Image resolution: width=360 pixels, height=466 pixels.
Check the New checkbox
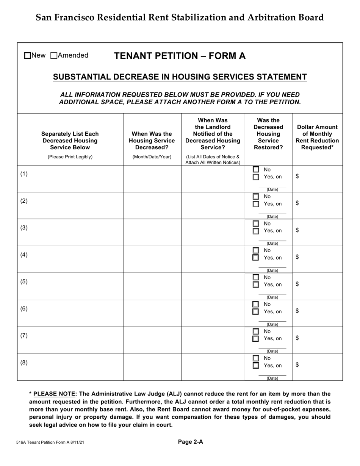(28, 56)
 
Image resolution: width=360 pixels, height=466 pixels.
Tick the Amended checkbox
(54, 56)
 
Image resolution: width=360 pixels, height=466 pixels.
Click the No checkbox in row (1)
(256, 169)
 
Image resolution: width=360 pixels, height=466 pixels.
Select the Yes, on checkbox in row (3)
(256, 231)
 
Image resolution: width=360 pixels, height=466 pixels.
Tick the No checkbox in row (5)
(256, 277)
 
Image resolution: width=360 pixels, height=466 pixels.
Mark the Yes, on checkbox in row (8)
(256, 366)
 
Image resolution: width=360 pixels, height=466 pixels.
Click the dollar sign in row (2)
(297, 203)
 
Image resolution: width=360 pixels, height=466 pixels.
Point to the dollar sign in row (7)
(297, 338)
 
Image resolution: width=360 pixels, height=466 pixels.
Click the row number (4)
(24, 255)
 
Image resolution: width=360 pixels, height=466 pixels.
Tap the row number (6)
(24, 308)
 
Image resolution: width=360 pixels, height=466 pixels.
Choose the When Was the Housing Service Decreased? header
(152, 140)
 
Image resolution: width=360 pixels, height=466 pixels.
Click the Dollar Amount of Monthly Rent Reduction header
(318, 137)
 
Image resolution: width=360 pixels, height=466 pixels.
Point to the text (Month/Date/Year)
(152, 157)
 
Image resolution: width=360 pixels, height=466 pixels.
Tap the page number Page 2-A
(191, 441)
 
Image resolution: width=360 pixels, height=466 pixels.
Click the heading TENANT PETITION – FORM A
(180, 56)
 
